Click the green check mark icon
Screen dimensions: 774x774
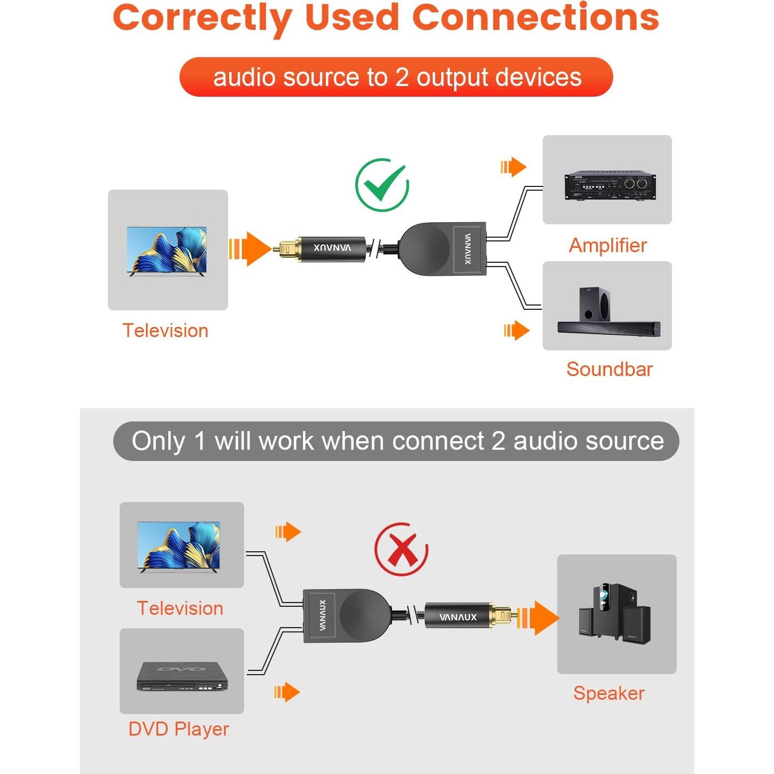382,185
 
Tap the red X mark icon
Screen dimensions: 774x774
402,550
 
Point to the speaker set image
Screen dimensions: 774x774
616,613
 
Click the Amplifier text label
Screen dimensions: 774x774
607,245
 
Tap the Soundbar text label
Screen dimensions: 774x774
609,369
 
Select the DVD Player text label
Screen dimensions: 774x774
178,729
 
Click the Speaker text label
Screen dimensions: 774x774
608,693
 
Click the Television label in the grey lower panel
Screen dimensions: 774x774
180,608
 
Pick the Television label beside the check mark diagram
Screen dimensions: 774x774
165,331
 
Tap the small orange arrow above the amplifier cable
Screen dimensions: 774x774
513,167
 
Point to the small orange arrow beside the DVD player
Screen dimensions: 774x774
287,692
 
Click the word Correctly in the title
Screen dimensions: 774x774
202,18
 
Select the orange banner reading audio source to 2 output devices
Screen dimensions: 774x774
396,77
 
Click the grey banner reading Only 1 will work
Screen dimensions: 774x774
396,441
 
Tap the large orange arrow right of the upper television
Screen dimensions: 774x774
249,248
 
